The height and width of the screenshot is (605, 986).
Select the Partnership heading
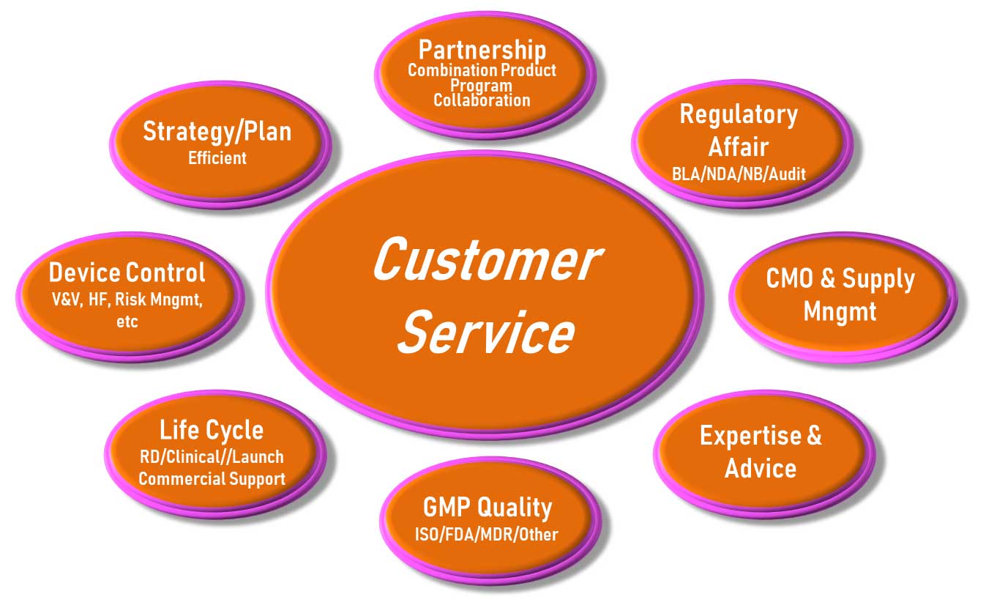[482, 50]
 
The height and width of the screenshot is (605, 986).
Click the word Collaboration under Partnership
[482, 100]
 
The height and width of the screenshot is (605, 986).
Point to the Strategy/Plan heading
[217, 131]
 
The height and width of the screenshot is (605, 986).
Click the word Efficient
[217, 157]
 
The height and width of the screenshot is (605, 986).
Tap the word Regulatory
[738, 114]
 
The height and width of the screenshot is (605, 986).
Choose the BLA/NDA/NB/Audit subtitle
[739, 174]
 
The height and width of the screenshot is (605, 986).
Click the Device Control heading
[127, 272]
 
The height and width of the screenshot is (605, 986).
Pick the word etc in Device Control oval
[127, 322]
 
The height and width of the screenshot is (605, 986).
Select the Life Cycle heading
[211, 430]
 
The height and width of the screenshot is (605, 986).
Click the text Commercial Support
[212, 479]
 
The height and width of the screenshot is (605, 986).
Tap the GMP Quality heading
[487, 507]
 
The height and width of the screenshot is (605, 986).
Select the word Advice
[760, 467]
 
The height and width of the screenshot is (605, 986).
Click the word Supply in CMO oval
[878, 279]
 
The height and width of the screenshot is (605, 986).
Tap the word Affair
[738, 146]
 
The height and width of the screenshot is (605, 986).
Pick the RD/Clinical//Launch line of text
[212, 457]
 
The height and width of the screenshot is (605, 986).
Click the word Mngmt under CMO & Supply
[840, 311]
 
